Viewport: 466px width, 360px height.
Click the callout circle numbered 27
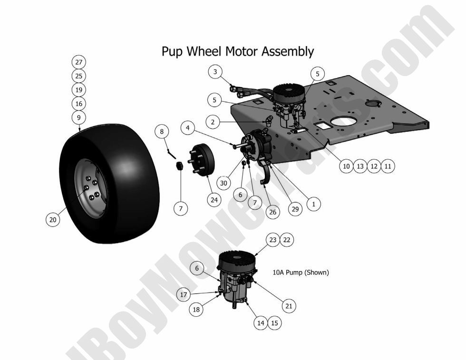tap(78, 62)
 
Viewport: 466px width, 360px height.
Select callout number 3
tap(215, 72)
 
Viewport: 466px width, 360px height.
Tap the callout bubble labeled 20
tap(53, 219)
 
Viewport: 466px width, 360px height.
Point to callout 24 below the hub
tap(214, 200)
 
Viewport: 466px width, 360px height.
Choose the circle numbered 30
tap(224, 183)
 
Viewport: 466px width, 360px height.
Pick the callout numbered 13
tap(360, 166)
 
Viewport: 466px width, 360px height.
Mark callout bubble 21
tap(289, 306)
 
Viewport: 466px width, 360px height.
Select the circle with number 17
tap(184, 295)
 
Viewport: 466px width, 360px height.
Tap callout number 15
tap(274, 323)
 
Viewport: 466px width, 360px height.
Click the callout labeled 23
tap(272, 240)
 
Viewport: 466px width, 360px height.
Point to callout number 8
tap(162, 131)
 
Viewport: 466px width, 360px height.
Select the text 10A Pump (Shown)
tap(301, 273)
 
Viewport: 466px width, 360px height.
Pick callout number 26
tap(272, 212)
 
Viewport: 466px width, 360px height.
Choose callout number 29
tap(296, 209)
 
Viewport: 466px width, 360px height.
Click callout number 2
tap(213, 122)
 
